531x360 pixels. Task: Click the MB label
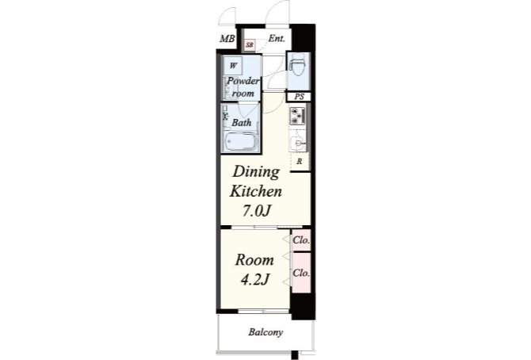(227, 39)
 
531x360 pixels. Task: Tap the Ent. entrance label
(277, 38)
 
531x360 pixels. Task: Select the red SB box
(250, 44)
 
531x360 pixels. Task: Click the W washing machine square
(233, 66)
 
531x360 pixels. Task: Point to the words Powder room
(243, 87)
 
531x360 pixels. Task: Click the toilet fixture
(298, 67)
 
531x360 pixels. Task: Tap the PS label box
(299, 97)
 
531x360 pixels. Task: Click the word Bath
(242, 122)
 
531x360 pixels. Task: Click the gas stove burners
(298, 116)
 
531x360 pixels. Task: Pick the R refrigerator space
(300, 162)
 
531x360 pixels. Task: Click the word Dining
(256, 173)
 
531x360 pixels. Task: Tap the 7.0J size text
(256, 211)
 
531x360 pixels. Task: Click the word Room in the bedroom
(254, 260)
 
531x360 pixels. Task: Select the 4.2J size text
(255, 280)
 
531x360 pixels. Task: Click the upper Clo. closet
(301, 240)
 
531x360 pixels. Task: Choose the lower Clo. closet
(301, 273)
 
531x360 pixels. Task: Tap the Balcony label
(265, 332)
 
